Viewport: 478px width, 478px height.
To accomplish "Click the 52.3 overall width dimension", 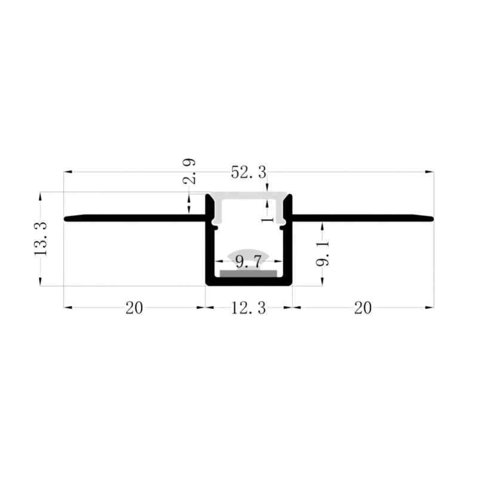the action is coord(249,173).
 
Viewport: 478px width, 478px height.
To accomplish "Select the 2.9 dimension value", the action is coord(189,171).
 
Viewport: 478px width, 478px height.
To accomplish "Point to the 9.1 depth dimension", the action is coord(323,253).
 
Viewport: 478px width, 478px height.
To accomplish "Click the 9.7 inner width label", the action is coord(249,262).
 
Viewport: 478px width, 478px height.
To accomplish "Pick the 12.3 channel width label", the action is coord(249,308).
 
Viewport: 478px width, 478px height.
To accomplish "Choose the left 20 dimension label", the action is coord(134,308).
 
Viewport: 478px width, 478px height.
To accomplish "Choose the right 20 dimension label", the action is coord(363,308).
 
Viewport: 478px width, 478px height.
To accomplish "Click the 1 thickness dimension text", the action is coord(268,219).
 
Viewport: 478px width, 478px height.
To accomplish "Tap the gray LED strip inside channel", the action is coord(249,274).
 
